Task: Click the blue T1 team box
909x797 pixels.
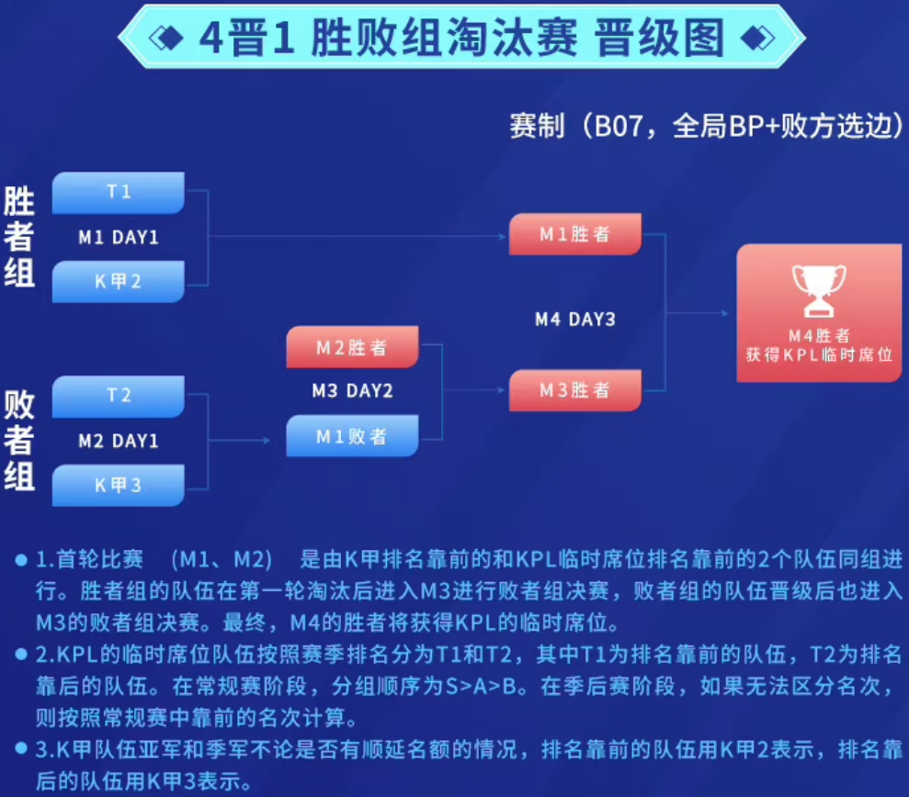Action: pyautogui.click(x=119, y=192)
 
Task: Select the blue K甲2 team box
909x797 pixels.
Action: pyautogui.click(x=119, y=282)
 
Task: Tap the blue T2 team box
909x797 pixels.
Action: pyautogui.click(x=119, y=396)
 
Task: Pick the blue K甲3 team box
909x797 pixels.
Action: pyautogui.click(x=119, y=486)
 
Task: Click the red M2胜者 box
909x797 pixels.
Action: pyautogui.click(x=352, y=347)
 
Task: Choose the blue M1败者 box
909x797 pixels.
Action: pyautogui.click(x=352, y=436)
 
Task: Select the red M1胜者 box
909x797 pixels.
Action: pyautogui.click(x=575, y=234)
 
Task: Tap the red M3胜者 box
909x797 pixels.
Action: pyautogui.click(x=575, y=390)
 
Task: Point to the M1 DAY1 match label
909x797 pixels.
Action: pyautogui.click(x=119, y=238)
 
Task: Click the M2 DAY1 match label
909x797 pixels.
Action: pyautogui.click(x=119, y=442)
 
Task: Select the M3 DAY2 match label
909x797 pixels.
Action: pyautogui.click(x=352, y=391)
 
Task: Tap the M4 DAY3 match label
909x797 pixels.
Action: pyautogui.click(x=575, y=320)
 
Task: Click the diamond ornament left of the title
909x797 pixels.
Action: pyautogui.click(x=165, y=39)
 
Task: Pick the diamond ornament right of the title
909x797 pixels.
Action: pyautogui.click(x=757, y=39)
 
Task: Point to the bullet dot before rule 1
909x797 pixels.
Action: pyautogui.click(x=21, y=559)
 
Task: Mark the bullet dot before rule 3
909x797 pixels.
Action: pyautogui.click(x=21, y=748)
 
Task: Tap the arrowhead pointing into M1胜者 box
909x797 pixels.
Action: pyautogui.click(x=503, y=236)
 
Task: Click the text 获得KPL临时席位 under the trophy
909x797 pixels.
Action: pyautogui.click(x=819, y=354)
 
